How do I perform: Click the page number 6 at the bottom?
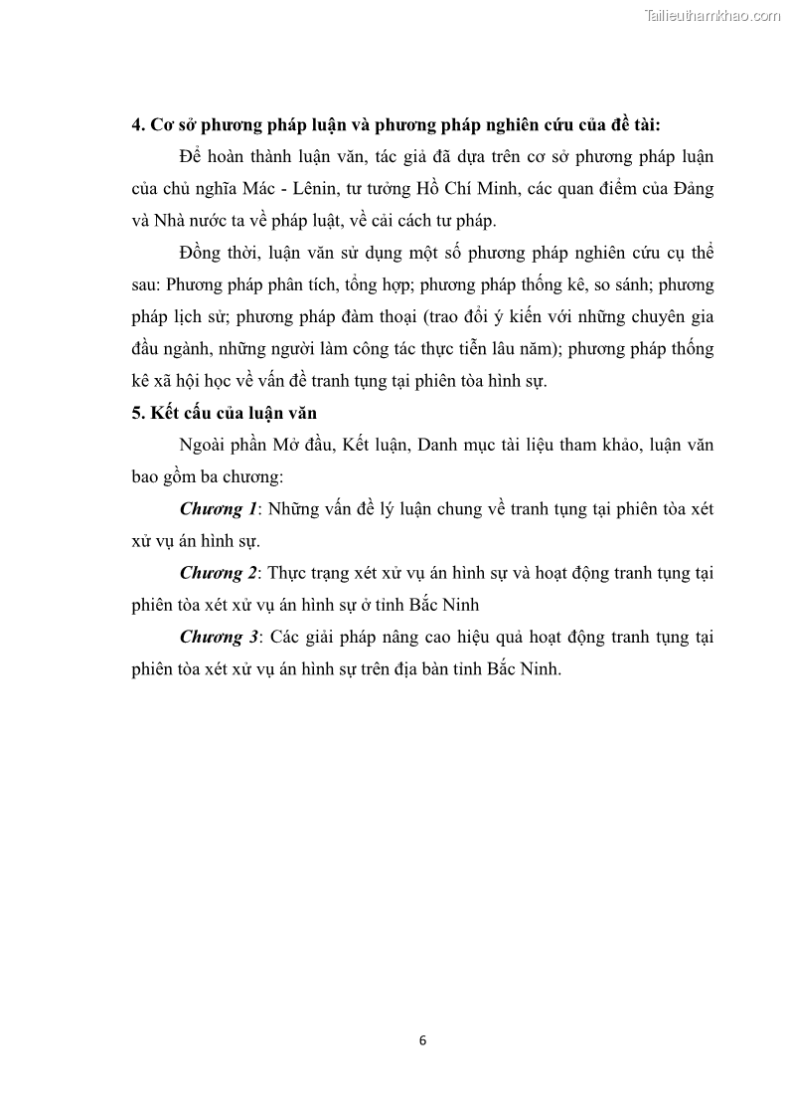coord(422,1040)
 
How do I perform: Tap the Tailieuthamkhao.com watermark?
coord(712,15)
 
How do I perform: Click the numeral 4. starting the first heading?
coord(138,125)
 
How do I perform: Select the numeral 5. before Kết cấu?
coord(138,413)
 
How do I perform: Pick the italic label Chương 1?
coord(218,509)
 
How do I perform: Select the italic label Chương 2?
coord(218,573)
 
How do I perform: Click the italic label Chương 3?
coord(218,637)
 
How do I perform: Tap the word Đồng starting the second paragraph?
coord(202,253)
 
